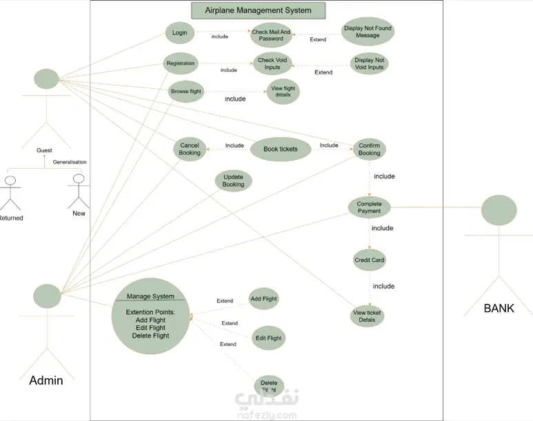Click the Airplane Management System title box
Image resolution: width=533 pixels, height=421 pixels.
259,10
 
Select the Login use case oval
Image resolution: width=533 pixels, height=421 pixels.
180,32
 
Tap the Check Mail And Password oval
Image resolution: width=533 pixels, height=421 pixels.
271,35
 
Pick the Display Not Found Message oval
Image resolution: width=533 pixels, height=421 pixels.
368,31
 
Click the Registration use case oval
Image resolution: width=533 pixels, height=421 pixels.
181,63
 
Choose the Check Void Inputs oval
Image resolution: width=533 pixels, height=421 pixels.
272,63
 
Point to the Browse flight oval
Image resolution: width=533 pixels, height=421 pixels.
186,91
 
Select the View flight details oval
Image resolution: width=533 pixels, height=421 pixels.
283,92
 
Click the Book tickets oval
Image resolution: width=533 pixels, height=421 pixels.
281,149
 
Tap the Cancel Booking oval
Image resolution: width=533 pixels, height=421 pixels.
190,149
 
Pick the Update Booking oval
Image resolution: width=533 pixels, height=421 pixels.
233,181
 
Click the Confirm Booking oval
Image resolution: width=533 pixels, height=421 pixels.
369,149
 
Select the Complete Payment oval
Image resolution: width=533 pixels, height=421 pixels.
369,207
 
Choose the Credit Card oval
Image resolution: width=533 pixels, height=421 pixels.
369,260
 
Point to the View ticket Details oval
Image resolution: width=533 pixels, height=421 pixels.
367,316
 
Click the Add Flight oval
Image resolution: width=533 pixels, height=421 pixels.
263,298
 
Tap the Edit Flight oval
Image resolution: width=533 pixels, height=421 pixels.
268,338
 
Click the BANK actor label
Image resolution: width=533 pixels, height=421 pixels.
499,308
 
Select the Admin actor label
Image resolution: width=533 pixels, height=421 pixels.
46,380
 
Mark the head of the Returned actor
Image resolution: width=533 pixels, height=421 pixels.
10,181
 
